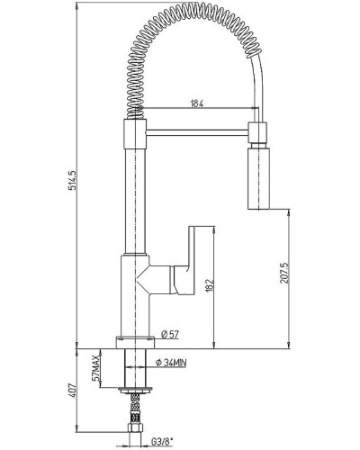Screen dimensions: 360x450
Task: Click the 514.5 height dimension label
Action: pyautogui.click(x=73, y=180)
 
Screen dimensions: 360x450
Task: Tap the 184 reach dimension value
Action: pyautogui.click(x=197, y=103)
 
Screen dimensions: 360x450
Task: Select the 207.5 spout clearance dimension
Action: pyautogui.click(x=283, y=273)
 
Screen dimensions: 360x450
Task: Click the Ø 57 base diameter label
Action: pyautogui.click(x=170, y=334)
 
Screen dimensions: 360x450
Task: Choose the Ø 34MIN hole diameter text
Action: pyautogui.click(x=171, y=363)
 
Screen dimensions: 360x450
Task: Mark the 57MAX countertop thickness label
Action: pyautogui.click(x=95, y=368)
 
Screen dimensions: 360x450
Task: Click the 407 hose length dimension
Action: pyautogui.click(x=73, y=391)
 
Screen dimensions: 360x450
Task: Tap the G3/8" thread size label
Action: pyautogui.click(x=162, y=442)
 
